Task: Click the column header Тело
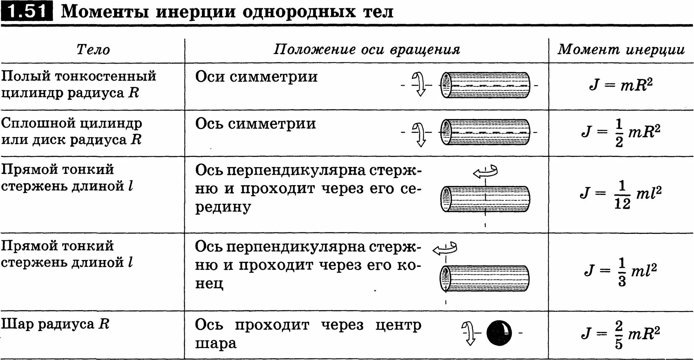93,50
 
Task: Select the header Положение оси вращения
366,50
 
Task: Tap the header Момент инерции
621,50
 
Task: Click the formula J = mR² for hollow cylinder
621,85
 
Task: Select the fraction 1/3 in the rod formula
622,271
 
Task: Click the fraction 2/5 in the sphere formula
619,334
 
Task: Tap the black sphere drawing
499,333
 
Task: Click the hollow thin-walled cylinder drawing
485,85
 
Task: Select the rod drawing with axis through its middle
485,199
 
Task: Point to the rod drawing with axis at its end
484,278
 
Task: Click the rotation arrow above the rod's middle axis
485,172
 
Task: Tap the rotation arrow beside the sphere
468,333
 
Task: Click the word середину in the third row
223,206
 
